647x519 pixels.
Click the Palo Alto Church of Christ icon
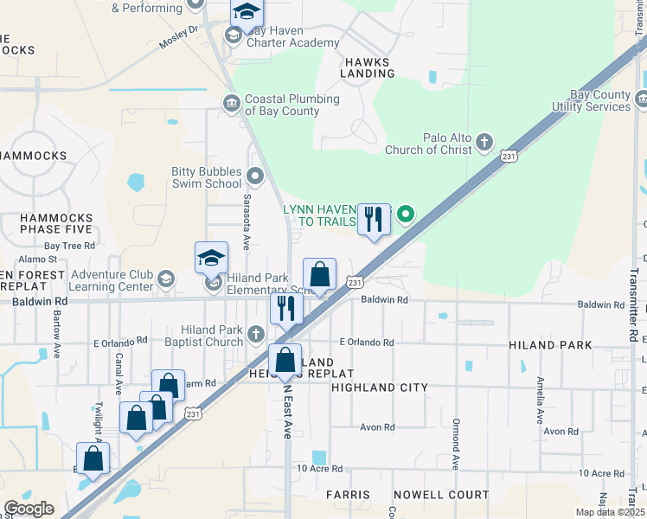(484, 141)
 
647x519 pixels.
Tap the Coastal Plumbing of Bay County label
(281, 105)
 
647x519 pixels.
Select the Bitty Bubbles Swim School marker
(255, 177)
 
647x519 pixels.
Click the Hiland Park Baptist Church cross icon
(255, 334)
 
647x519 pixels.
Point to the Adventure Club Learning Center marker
(165, 279)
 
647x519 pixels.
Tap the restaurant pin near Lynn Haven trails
(374, 219)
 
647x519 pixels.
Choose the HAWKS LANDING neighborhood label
(368, 67)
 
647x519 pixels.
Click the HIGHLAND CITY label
(380, 388)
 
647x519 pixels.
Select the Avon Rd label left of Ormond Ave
(377, 427)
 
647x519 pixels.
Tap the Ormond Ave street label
(455, 444)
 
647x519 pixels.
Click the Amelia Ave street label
(540, 400)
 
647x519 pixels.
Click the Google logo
(29, 509)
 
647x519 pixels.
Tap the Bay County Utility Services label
(599, 100)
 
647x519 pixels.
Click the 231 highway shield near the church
(509, 156)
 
